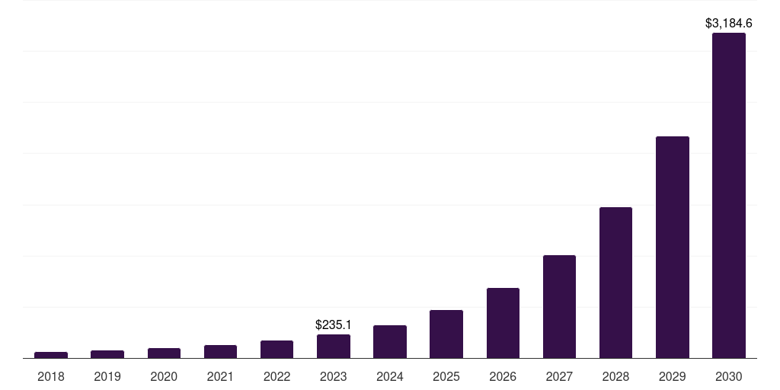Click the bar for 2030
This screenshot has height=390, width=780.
728,195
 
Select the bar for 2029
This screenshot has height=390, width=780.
672,247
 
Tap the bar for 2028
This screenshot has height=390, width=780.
615,282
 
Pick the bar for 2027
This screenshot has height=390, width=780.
559,306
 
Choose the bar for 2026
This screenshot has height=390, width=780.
503,323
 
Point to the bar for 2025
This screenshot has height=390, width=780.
446,334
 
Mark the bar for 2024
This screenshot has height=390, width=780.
390,341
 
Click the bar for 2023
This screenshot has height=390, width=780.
334,346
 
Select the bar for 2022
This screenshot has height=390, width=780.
277,349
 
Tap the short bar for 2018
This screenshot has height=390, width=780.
51,354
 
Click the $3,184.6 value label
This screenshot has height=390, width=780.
728,24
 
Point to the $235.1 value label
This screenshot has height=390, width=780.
334,324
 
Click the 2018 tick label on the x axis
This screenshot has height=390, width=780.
51,376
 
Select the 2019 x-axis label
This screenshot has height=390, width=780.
107,376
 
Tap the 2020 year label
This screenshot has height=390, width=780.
164,376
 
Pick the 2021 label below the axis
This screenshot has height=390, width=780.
220,376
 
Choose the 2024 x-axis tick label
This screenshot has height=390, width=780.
390,376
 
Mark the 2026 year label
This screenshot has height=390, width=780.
503,376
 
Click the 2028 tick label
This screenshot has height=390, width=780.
615,376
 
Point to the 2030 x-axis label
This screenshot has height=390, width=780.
728,376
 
